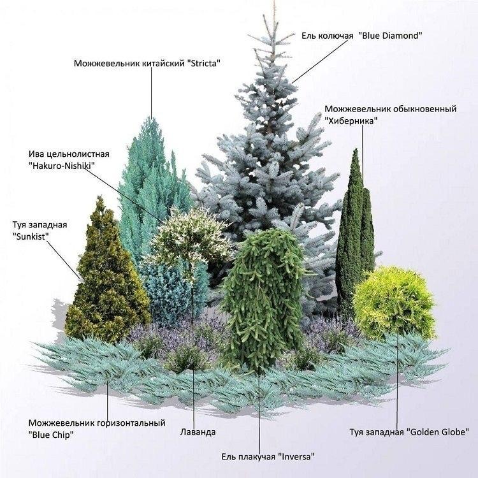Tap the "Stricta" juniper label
tap(203, 63)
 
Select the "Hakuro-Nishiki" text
tap(62, 166)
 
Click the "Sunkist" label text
tap(31, 236)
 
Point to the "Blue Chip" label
tap(51, 435)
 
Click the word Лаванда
tap(198, 431)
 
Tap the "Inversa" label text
tap(295, 457)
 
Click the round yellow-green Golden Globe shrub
tap(395, 303)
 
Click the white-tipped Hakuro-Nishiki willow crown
tap(190, 235)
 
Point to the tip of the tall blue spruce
tap(274, 3)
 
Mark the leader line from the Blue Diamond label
tap(320, 62)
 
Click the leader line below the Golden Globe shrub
tap(397, 380)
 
